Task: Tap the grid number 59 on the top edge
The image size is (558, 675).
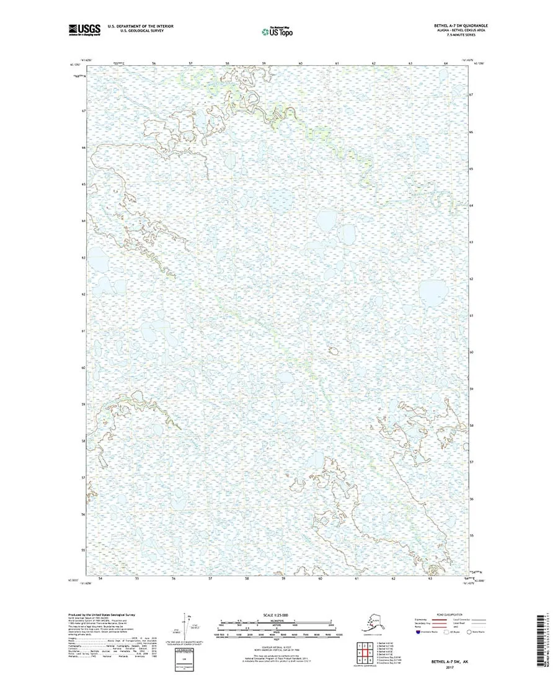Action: click(263, 63)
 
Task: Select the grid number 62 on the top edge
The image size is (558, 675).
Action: click(373, 63)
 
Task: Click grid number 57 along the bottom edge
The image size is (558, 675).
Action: click(211, 578)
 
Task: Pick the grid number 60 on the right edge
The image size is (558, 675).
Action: click(471, 352)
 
